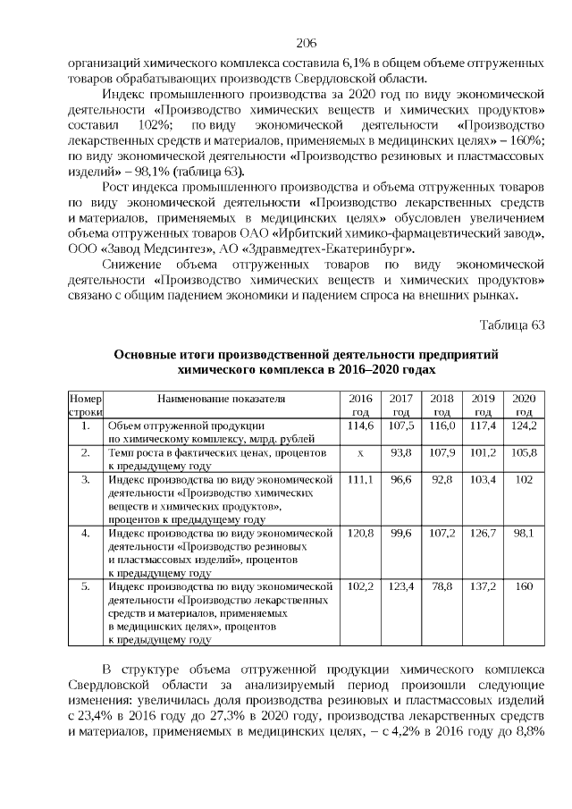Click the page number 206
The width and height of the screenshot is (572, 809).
pos(307,43)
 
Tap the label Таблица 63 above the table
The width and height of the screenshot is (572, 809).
pos(511,324)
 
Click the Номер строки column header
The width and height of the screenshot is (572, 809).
pos(87,404)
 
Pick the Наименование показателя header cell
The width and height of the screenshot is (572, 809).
pos(221,398)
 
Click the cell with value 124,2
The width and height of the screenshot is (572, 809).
pos(524,426)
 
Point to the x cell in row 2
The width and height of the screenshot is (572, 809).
pos(359,453)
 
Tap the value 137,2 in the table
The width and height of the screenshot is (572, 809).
pos(483,586)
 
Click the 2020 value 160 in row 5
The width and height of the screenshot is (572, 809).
pos(524,586)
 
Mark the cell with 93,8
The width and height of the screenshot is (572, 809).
pos(401,453)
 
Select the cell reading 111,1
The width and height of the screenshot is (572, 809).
pos(359,480)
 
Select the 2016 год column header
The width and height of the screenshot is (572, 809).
pos(359,404)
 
